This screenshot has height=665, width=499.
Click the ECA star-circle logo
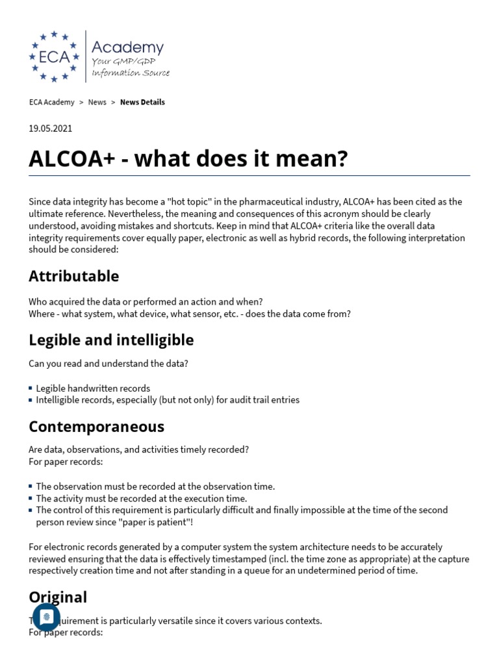(54, 56)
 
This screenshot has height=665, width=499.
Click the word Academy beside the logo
(127, 47)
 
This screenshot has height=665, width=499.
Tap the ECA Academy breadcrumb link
(51, 102)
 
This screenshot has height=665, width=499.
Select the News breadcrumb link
(97, 102)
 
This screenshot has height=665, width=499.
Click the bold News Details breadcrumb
(142, 102)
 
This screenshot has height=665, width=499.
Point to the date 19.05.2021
(51, 128)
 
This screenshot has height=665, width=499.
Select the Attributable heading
(73, 276)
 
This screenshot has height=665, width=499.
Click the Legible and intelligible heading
(111, 340)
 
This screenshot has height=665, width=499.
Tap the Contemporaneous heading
(96, 427)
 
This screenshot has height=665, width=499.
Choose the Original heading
(58, 597)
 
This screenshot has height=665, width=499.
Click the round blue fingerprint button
(46, 617)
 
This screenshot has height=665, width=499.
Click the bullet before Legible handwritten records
(31, 388)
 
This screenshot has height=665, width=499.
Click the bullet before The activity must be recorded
(31, 498)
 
